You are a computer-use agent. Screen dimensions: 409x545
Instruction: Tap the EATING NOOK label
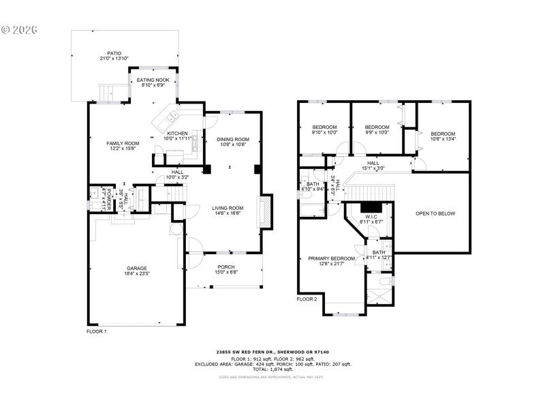click(x=153, y=80)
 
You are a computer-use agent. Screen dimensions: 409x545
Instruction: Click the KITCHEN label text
click(x=177, y=134)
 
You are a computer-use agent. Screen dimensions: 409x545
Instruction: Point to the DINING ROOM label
click(x=233, y=140)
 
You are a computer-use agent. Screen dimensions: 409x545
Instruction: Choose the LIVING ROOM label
click(x=227, y=209)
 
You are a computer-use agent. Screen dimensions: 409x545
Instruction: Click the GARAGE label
click(x=136, y=269)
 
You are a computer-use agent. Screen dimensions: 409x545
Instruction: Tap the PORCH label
click(x=225, y=267)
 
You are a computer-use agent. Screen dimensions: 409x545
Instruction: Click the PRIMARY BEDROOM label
click(x=331, y=258)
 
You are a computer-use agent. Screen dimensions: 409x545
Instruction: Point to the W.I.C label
click(x=371, y=217)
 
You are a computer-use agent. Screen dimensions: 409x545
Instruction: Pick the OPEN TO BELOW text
click(x=435, y=213)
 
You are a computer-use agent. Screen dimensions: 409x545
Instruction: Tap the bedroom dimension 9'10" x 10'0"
click(x=324, y=133)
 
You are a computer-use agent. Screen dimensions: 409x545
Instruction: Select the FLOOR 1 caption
click(x=97, y=331)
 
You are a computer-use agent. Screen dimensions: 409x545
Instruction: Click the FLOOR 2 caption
click(x=307, y=299)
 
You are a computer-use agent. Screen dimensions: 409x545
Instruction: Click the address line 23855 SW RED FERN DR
click(x=272, y=352)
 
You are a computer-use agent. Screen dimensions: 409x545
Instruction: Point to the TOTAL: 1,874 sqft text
click(x=272, y=369)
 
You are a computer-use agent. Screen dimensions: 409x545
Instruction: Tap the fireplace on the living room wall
click(x=264, y=213)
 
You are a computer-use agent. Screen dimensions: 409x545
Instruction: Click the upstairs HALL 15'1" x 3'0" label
click(x=373, y=166)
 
